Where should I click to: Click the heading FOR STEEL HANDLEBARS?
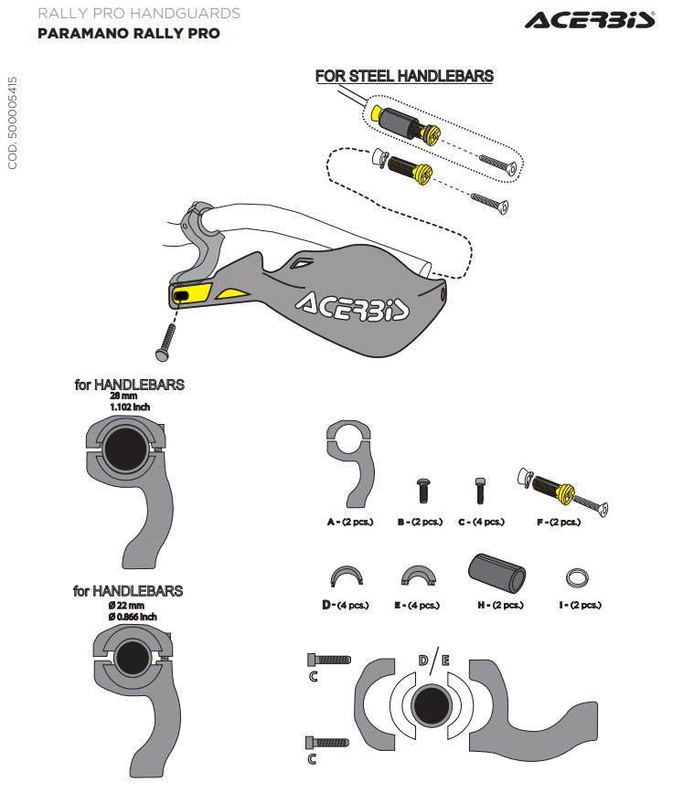coord(404,76)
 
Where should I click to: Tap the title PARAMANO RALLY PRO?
coord(129,34)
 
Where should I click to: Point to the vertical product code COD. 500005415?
coord(13,123)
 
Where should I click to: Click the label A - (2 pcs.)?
coord(349,522)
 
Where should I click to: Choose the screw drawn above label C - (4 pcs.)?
coord(477,491)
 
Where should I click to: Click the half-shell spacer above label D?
coord(346,576)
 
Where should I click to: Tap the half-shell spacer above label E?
coord(419,576)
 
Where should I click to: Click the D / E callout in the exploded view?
coord(432,661)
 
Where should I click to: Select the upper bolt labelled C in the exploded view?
coord(330,658)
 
